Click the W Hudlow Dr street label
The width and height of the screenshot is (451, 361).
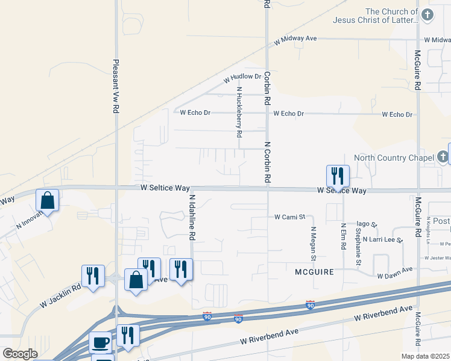242,78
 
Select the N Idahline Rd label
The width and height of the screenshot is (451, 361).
192,217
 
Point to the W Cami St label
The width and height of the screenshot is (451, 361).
291,216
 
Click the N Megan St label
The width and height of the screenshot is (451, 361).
314,244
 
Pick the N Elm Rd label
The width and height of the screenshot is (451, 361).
342,238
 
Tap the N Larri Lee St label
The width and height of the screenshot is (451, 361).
382,239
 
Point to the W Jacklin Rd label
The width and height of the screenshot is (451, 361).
60,296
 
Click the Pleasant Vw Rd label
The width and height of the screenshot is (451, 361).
115,86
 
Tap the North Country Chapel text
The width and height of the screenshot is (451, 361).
394,158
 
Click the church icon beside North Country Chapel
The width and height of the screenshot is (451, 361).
443,158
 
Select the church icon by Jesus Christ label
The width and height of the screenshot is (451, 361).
427,14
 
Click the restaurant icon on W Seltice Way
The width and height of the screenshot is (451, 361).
338,176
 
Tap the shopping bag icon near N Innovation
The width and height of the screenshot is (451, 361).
47,201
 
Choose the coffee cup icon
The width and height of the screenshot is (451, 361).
101,342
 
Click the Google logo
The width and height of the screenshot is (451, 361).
20,353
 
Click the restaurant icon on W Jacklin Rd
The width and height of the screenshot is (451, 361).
93,276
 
